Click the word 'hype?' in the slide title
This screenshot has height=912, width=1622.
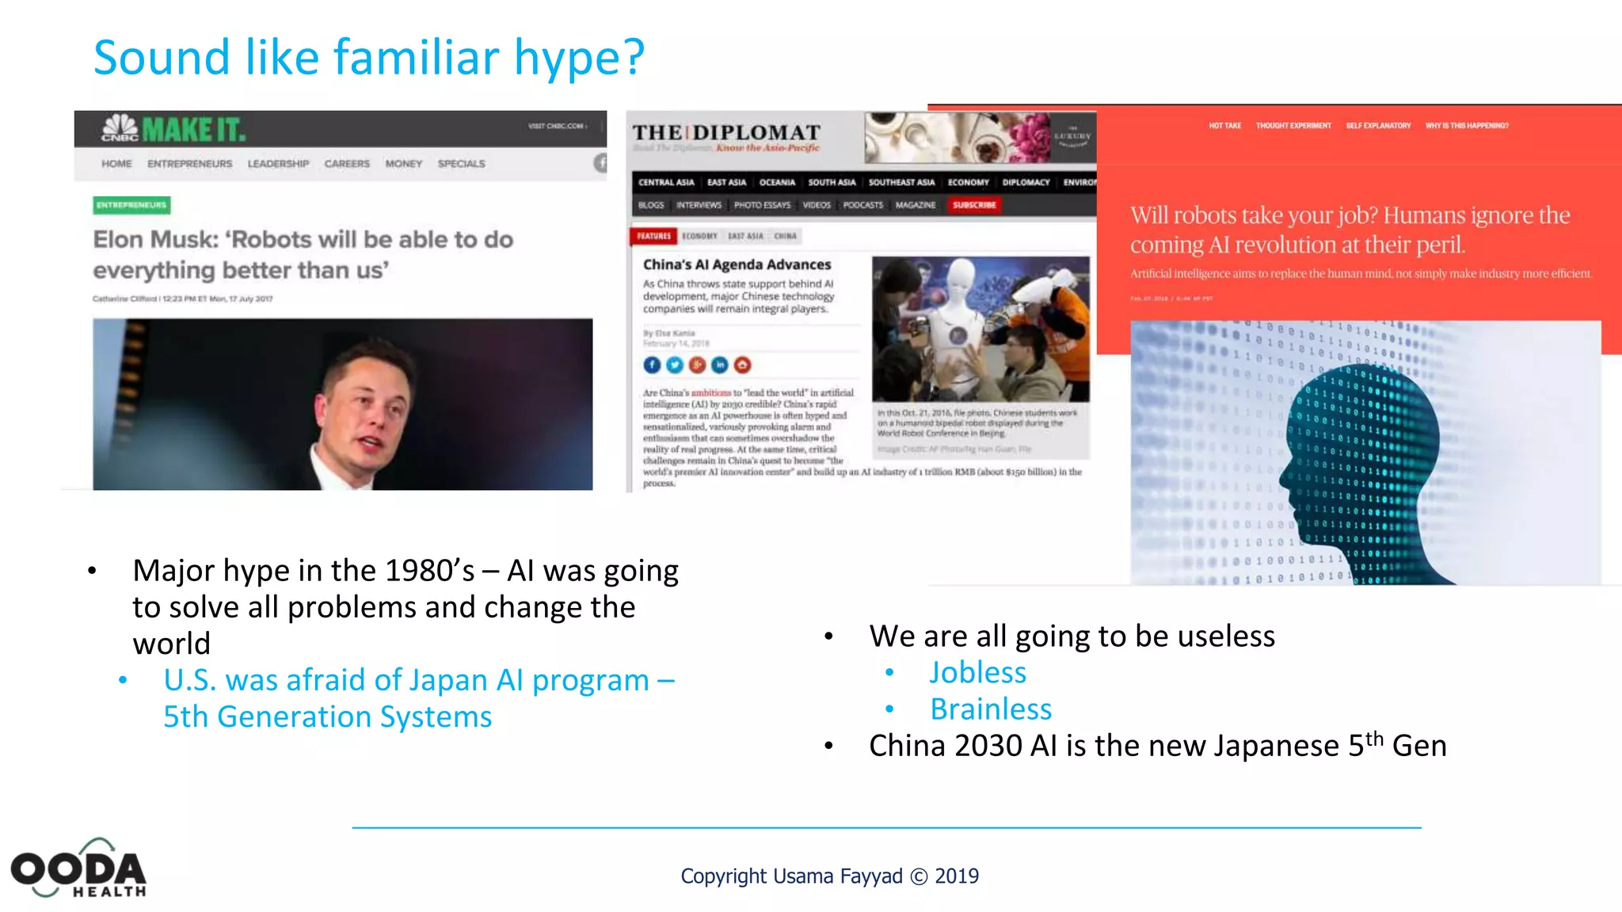(x=579, y=59)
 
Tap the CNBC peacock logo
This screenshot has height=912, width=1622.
(x=120, y=127)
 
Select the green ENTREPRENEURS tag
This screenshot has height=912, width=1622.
(x=131, y=205)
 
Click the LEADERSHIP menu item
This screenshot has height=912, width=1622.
(x=278, y=164)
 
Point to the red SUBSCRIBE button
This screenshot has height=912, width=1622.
(x=974, y=205)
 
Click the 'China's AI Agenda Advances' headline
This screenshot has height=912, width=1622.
(x=737, y=264)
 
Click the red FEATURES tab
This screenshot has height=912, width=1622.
(x=653, y=236)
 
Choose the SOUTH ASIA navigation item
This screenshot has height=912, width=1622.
(x=832, y=183)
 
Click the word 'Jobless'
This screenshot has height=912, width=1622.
(x=977, y=672)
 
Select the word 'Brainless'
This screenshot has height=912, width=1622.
(x=991, y=709)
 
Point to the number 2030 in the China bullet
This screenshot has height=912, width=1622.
(x=988, y=746)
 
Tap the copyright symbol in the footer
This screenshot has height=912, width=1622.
(x=919, y=876)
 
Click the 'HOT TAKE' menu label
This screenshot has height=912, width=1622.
(x=1224, y=126)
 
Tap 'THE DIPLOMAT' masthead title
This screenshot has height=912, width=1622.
(x=726, y=132)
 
